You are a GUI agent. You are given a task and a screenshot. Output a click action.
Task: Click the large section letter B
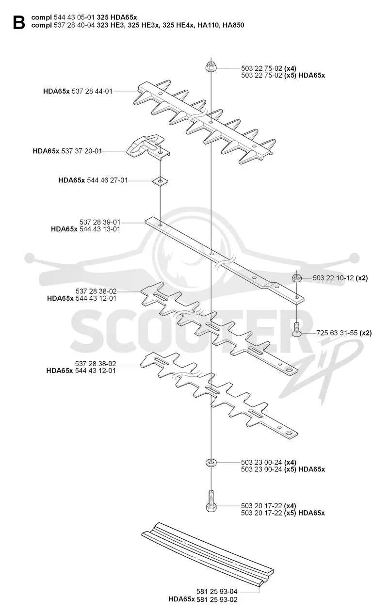point(19,22)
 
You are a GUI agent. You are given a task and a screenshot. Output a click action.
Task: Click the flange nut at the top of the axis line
point(211,67)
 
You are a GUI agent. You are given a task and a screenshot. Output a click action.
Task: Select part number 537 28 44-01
point(92,91)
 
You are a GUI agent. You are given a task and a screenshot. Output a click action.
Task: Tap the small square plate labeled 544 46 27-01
point(161,181)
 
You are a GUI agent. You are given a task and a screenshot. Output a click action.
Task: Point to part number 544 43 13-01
point(100,229)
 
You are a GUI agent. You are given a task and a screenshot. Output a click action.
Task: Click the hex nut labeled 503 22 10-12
point(297,278)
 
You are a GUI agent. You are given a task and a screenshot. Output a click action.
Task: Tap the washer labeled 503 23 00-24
point(211,463)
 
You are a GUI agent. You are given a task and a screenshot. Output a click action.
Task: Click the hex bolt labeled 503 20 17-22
point(211,501)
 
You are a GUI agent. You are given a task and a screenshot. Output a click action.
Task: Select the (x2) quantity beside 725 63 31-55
point(366,333)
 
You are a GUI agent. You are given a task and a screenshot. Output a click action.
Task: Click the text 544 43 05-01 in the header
point(74,17)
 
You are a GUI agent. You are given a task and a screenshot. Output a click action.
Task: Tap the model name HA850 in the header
point(233,25)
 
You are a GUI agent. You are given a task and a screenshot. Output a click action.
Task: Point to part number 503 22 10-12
point(333,278)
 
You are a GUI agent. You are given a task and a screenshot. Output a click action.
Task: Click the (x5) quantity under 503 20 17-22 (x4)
point(291,513)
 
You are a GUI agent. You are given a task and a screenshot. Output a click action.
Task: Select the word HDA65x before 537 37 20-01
point(46,151)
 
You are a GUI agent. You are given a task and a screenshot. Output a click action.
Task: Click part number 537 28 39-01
point(100,222)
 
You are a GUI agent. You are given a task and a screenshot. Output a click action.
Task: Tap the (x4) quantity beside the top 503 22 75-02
point(291,68)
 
